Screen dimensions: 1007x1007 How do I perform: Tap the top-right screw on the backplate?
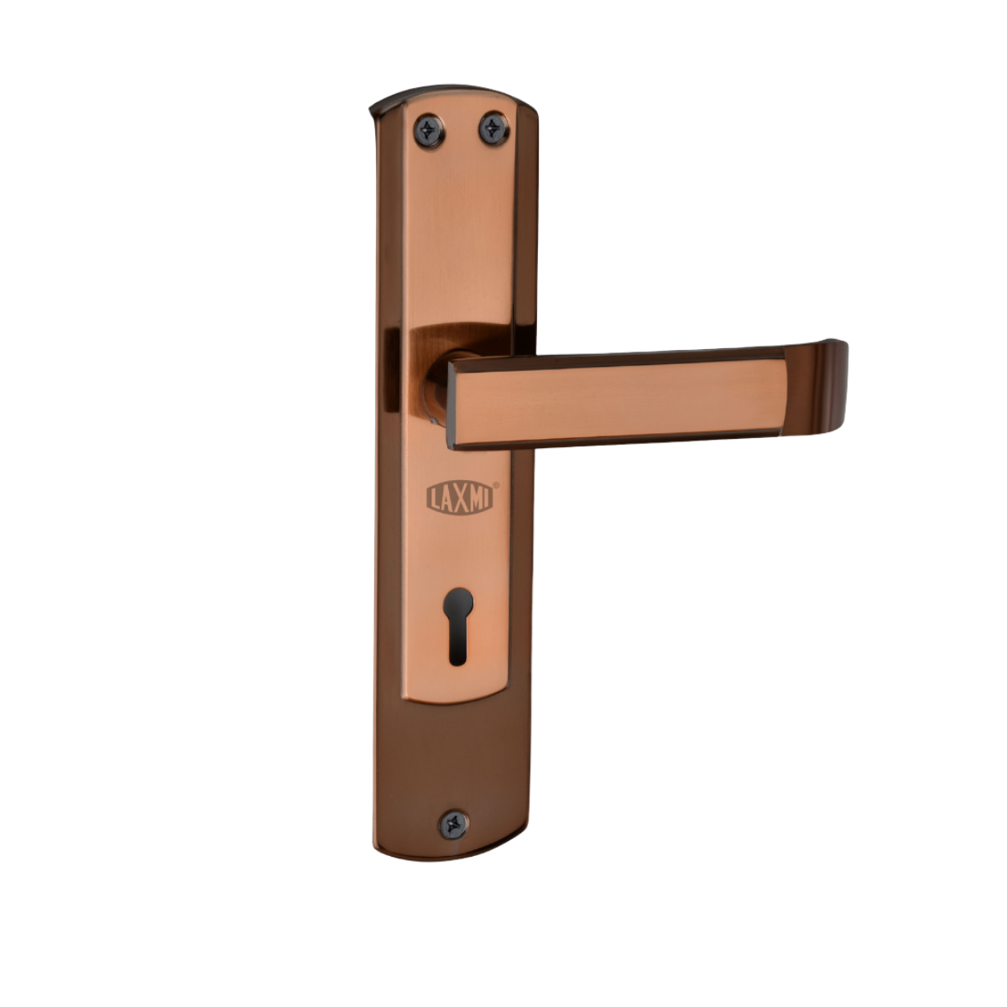pyautogui.click(x=493, y=128)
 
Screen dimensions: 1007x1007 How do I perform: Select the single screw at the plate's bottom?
pyautogui.click(x=454, y=825)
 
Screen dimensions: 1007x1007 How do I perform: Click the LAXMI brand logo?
pyautogui.click(x=460, y=497)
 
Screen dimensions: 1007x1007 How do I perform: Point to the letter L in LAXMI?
pyautogui.click(x=434, y=498)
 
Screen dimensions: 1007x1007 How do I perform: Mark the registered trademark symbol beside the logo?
pyautogui.click(x=497, y=485)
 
